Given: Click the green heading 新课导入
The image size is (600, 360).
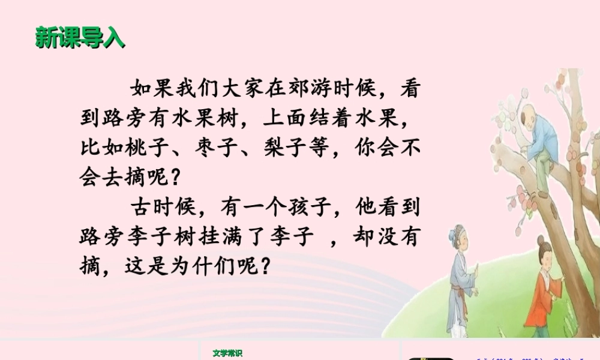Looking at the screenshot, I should point(80,37).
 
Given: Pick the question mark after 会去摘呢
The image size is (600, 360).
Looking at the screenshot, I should point(175,178).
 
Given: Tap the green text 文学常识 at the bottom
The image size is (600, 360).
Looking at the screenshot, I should point(227,353).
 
